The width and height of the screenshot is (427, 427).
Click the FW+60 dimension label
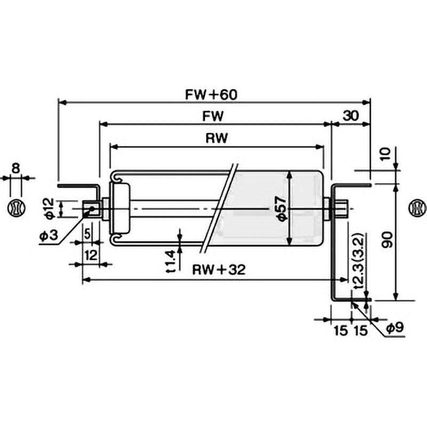coord(211,95)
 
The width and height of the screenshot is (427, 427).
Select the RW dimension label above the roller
coord(217,138)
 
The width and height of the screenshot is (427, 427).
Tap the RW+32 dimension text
coord(219,270)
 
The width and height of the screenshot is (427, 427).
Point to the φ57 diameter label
coord(282,208)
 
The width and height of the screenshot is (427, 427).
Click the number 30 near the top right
coord(351,116)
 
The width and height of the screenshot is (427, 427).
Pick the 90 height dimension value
coord(387,240)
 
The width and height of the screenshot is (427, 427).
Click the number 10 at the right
coord(385,154)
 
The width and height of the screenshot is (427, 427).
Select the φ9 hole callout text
coord(395,328)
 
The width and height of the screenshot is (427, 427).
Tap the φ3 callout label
coord(49,235)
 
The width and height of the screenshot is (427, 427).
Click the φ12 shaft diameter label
coord(50,209)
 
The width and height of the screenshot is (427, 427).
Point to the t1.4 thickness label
coord(171,262)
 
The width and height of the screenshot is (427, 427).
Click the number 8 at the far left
coord(16,168)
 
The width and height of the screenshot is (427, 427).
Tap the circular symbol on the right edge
coord(417,209)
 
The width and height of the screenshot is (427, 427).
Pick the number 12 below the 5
coord(91,256)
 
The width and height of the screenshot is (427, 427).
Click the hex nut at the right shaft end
coord(341,209)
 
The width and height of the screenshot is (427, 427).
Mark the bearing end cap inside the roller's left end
coord(120,209)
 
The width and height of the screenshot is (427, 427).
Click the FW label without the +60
coord(212,116)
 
